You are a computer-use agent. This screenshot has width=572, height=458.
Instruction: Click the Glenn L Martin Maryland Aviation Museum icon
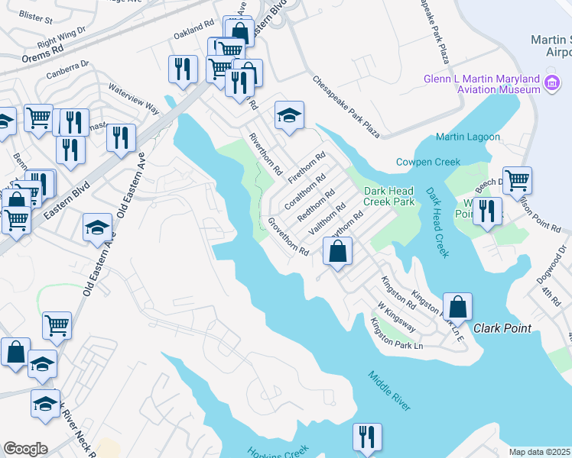[x=551, y=84]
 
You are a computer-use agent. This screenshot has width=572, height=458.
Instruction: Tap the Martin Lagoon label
[x=468, y=137]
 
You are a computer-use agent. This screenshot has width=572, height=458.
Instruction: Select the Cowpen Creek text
[x=427, y=162]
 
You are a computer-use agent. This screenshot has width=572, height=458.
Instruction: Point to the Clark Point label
[x=502, y=328]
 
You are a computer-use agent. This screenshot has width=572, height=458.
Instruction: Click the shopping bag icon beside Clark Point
[x=457, y=308]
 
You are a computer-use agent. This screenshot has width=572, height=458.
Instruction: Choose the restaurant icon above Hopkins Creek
[x=367, y=437]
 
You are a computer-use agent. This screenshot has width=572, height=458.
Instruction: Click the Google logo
[x=25, y=449]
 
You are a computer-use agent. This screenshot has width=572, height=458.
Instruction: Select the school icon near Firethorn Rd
[x=289, y=115]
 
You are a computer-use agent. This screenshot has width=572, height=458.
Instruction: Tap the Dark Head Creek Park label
[x=388, y=196]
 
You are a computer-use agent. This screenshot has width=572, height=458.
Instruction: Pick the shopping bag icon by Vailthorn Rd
[x=338, y=250]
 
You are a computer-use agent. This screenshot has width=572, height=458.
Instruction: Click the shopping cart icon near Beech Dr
[x=518, y=181]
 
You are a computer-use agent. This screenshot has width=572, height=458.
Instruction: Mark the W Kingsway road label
[x=395, y=316]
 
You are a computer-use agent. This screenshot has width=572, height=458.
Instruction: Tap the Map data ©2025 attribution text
[x=540, y=452]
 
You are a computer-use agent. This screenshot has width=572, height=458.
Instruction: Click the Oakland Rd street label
[x=191, y=34]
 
